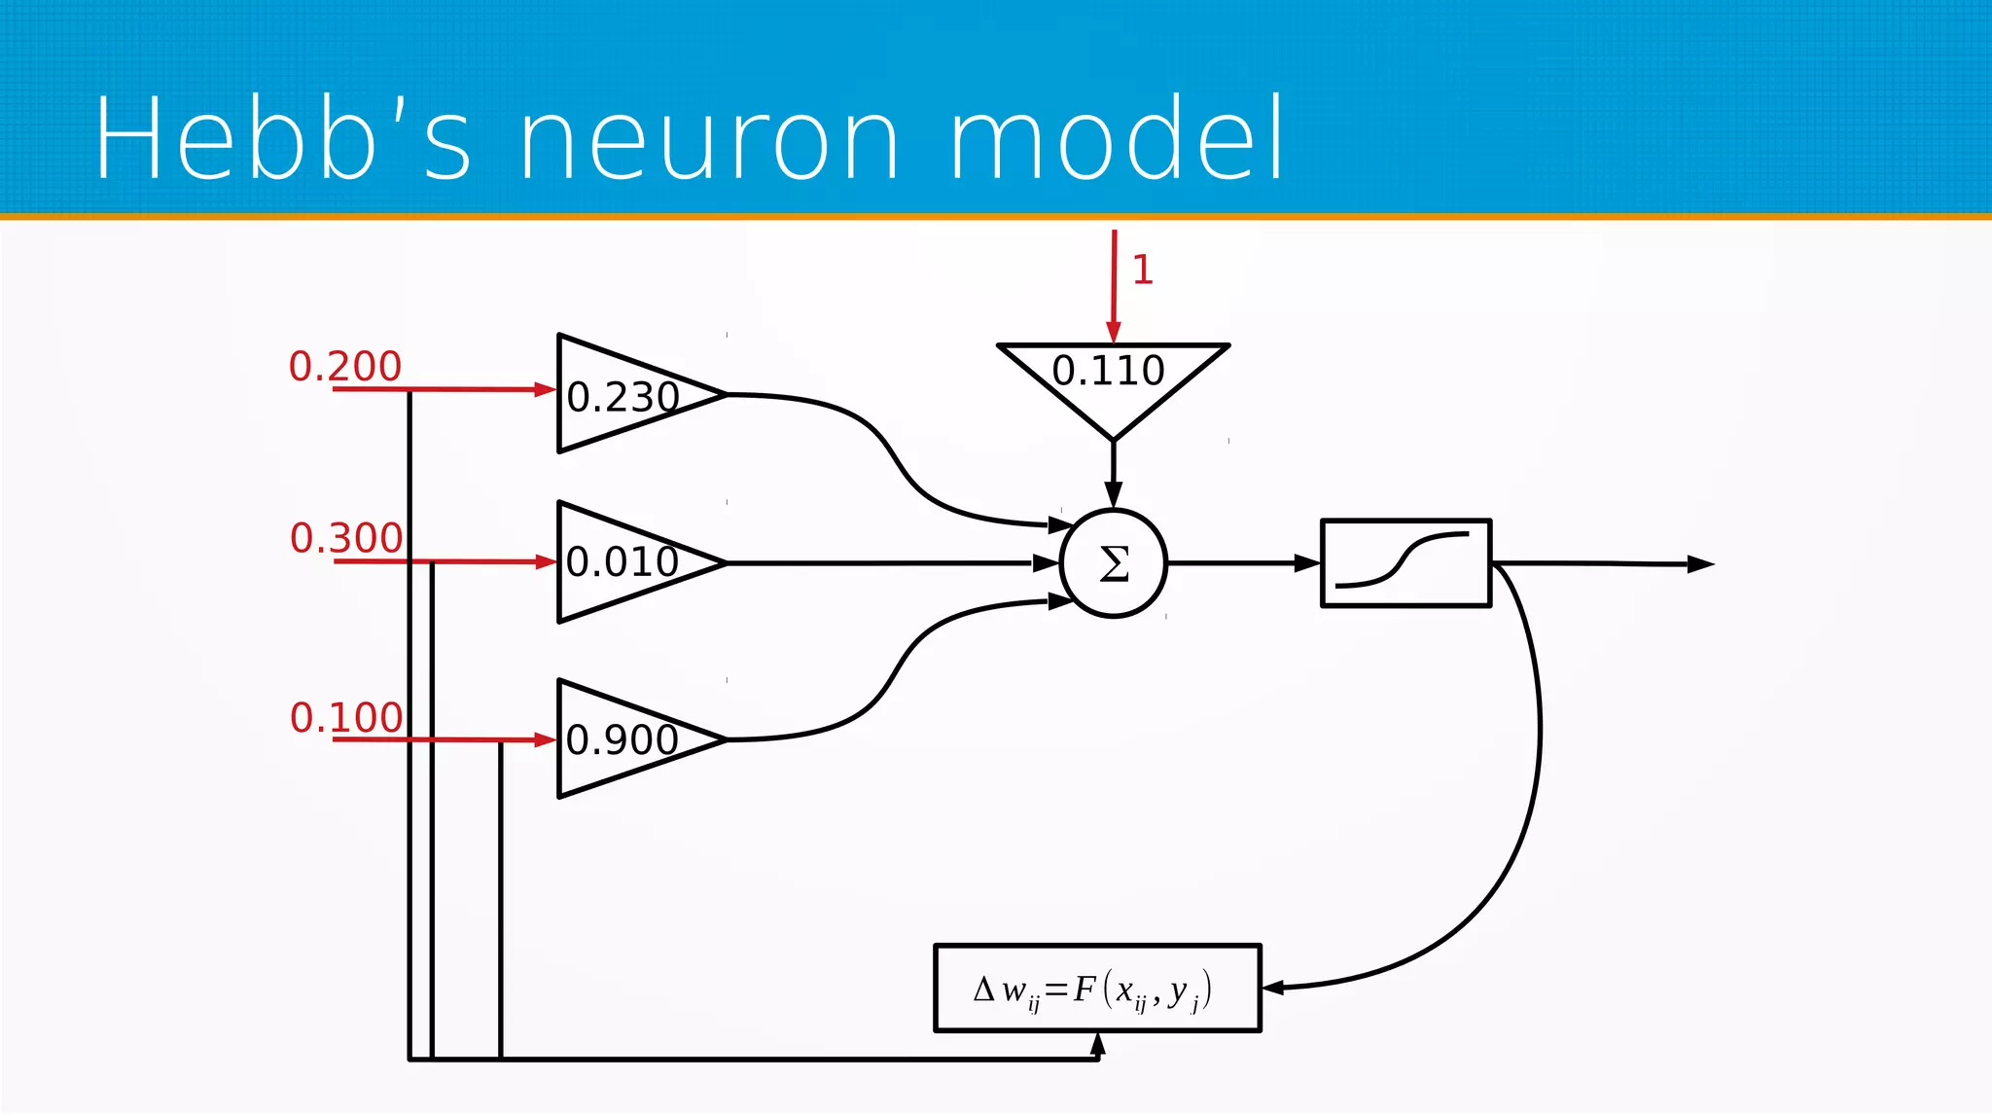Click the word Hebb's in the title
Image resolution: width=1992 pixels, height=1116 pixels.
click(282, 138)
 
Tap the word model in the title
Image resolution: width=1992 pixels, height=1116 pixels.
click(1117, 138)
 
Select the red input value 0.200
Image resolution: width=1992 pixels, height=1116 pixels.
click(344, 367)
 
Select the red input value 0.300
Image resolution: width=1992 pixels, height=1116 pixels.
click(346, 538)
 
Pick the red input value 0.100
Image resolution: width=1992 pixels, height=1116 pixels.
click(346, 718)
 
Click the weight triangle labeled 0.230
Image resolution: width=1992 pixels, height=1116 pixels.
click(622, 395)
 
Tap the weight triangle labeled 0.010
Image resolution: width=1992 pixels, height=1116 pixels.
click(622, 562)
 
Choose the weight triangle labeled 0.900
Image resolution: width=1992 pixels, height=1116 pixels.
click(622, 739)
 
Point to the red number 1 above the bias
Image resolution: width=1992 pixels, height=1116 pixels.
click(1143, 270)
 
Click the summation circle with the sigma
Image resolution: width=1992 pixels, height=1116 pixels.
click(1114, 563)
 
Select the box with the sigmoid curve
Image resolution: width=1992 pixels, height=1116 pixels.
click(1405, 563)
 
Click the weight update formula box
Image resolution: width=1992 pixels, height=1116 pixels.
click(1097, 989)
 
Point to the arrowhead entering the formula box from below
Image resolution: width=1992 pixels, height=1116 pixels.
click(1098, 1044)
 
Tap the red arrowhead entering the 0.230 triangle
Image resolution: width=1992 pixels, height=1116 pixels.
click(545, 390)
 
